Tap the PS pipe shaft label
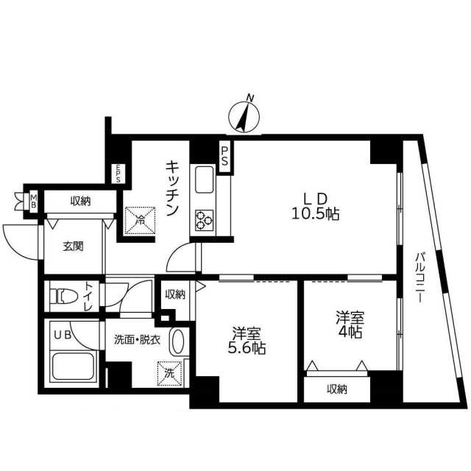[224, 156]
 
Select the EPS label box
[118, 174]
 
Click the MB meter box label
[34, 201]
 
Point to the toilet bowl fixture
[64, 297]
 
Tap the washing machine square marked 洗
[169, 373]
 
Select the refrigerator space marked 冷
[140, 221]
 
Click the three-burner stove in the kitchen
[205, 220]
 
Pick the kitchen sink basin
[205, 180]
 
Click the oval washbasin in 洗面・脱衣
[177, 341]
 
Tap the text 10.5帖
[316, 215]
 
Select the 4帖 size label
[350, 332]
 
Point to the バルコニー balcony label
[420, 277]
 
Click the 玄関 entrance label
[73, 247]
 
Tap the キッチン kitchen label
[172, 188]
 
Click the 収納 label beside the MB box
[80, 201]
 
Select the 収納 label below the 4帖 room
[337, 389]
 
